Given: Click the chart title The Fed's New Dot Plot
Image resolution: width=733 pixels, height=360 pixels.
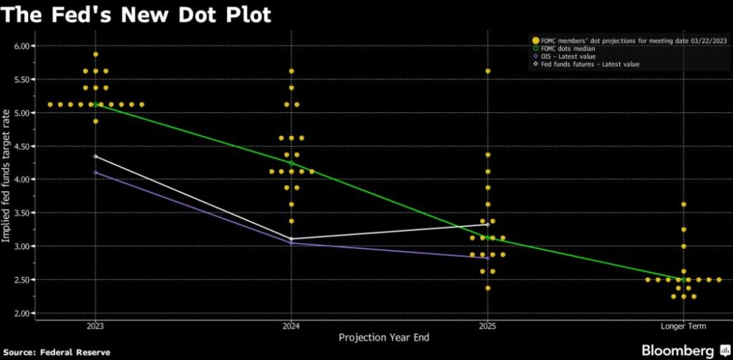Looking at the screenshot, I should pos(136,14).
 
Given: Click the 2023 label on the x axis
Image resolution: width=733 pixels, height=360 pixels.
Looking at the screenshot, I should pos(95,326).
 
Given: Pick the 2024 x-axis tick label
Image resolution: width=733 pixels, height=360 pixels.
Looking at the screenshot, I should pos(291,326).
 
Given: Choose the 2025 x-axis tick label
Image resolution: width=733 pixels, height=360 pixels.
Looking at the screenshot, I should pos(487,326).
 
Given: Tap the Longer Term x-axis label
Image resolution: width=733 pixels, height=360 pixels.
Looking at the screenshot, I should pos(684,326).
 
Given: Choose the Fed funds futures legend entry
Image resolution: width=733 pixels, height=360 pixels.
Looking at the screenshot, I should pos(585,64).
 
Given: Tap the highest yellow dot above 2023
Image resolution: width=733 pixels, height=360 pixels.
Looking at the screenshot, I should pos(95,54).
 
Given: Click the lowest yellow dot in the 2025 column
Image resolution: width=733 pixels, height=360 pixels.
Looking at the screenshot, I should pos(487,288).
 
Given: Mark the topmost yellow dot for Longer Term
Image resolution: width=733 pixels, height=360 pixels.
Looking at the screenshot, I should pos(684,205).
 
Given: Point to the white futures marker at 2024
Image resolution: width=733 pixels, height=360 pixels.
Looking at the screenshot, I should pos(291,239).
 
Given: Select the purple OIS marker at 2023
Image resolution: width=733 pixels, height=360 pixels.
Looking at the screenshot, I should pos(95,172).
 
